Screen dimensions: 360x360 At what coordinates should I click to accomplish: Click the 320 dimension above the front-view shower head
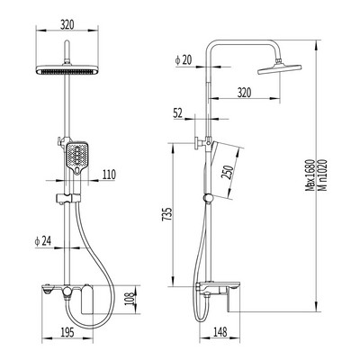pyautogui.click(x=67, y=24)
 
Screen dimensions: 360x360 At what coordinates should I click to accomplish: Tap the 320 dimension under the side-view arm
pyautogui.click(x=244, y=93)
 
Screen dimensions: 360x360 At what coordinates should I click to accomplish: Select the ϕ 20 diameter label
pyautogui.click(x=183, y=60)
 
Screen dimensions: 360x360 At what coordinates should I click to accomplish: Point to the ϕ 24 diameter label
pyautogui.click(x=43, y=241)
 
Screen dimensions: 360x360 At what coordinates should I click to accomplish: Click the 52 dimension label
pyautogui.click(x=178, y=113)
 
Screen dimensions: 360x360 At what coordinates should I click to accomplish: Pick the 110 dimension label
pyautogui.click(x=108, y=175)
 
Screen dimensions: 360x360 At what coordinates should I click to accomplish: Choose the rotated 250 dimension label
pyautogui.click(x=227, y=172)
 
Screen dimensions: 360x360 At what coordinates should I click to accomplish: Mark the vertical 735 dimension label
pyautogui.click(x=167, y=214)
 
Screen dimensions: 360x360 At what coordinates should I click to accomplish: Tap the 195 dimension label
pyautogui.click(x=67, y=332)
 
